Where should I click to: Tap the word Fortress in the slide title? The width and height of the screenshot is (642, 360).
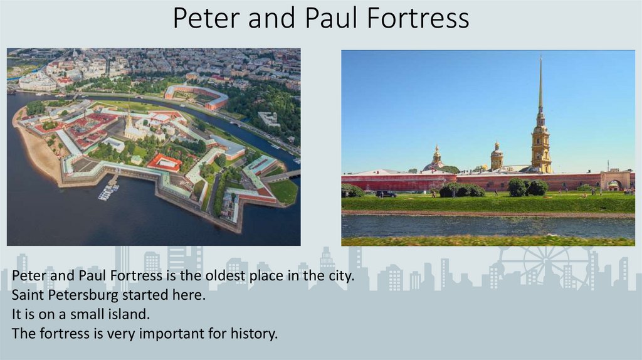[418, 18]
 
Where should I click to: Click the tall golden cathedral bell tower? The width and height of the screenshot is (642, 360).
[540, 125]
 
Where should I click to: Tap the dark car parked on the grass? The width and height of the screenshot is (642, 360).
[386, 194]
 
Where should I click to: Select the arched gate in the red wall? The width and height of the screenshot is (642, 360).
[614, 184]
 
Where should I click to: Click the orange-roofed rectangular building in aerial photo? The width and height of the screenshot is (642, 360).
[164, 162]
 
